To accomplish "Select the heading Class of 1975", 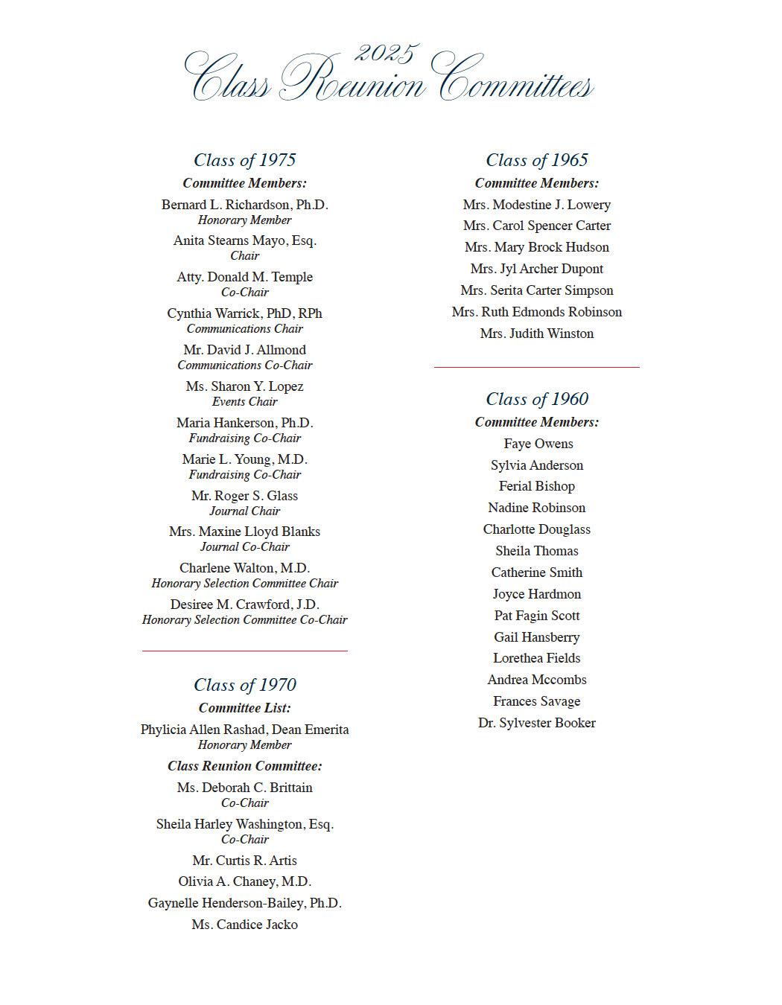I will tap(244, 160).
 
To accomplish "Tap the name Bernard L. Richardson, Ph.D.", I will tap(244, 205).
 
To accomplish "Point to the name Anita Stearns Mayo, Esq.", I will tap(244, 240).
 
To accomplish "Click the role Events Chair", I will tap(244, 402).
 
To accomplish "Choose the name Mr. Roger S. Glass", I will tap(244, 496).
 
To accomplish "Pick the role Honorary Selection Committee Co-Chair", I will tap(244, 620).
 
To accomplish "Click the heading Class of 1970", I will tap(244, 685).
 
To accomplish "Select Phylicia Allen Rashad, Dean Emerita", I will tap(244, 730).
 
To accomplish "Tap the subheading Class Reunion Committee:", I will tap(244, 766).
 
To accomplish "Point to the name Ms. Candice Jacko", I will tap(244, 925).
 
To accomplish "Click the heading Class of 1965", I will tap(536, 160).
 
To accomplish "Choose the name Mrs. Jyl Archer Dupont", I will tap(536, 269).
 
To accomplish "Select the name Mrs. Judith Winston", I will tap(536, 334).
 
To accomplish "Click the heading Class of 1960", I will tap(536, 399).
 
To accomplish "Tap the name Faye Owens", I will tap(538, 444).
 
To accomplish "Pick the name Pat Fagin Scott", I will tap(536, 616).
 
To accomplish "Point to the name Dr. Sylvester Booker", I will tap(536, 723).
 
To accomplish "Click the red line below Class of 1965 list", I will tap(536, 367).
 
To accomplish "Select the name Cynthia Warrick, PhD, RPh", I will tap(244, 313).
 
